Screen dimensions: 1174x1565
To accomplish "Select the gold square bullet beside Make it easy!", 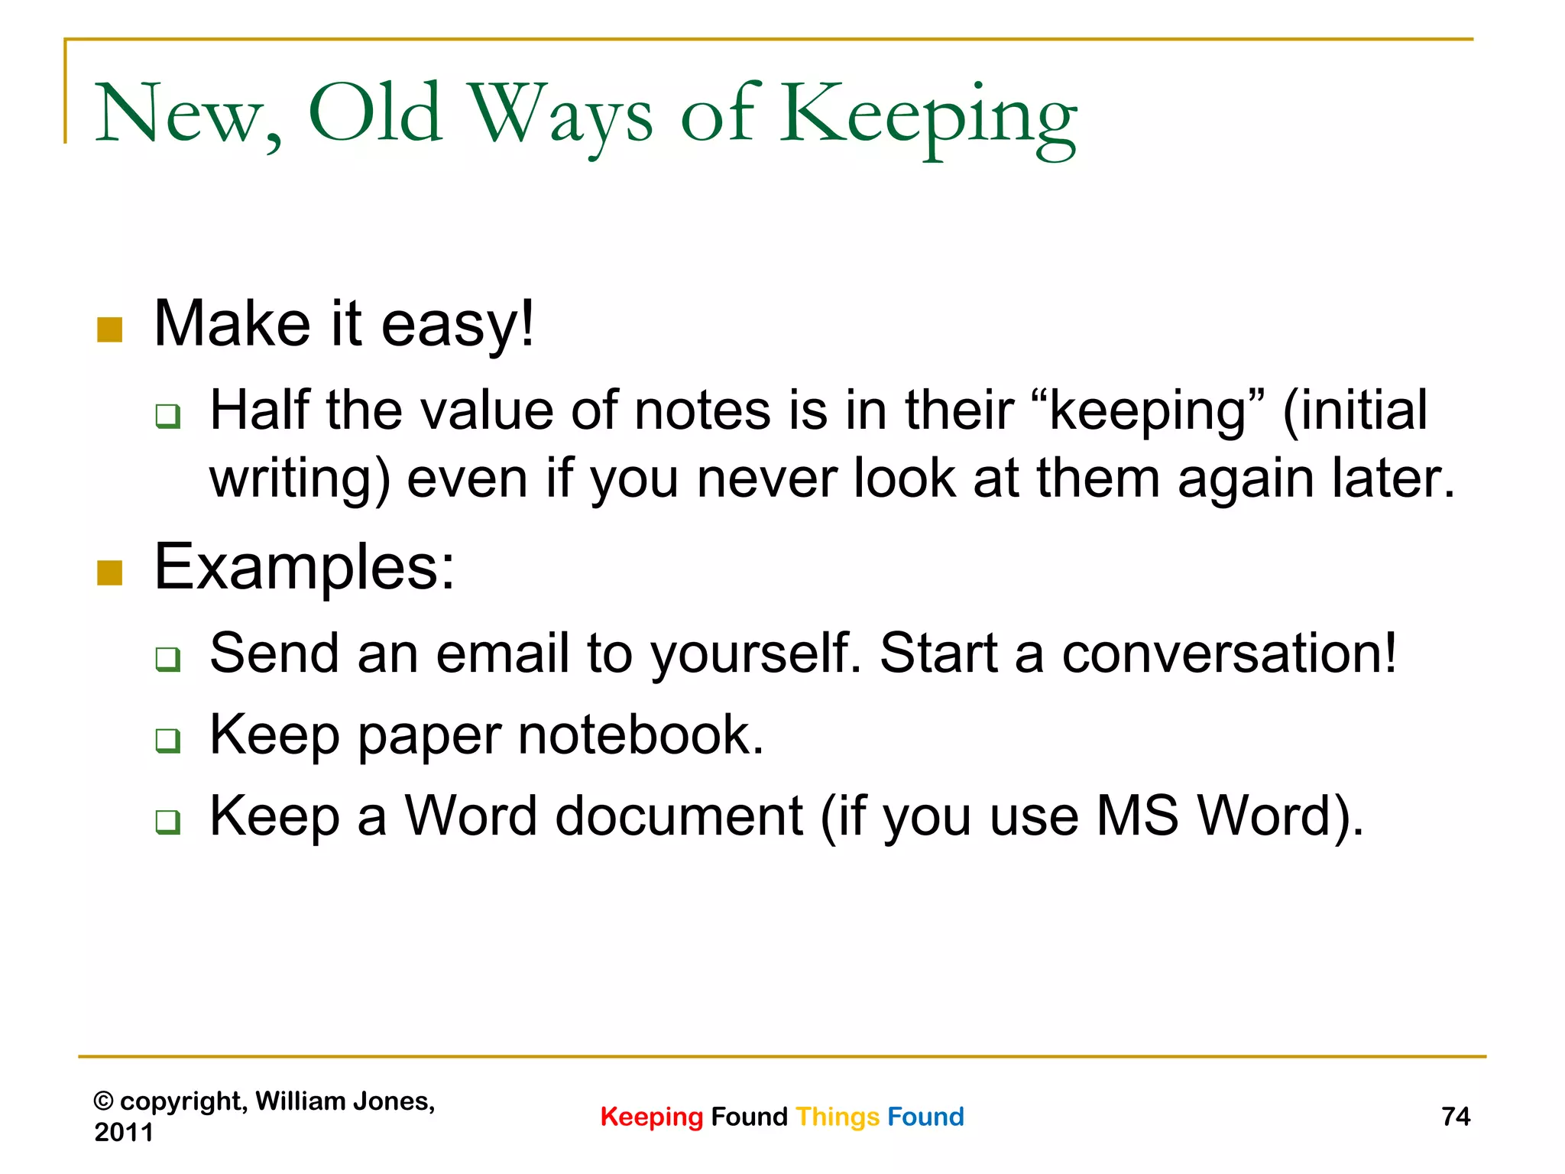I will coord(110,329).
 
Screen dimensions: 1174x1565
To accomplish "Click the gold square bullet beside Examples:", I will coord(110,572).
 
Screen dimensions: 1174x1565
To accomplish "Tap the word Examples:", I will coord(304,568).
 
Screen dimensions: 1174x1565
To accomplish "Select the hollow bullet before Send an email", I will coord(167,658).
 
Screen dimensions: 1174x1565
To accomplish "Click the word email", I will coord(502,654).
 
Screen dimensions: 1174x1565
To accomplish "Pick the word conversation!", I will coord(1230,654).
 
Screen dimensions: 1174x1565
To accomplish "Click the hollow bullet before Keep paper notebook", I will coord(167,740).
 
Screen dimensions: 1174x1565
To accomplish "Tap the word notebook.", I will coord(640,735).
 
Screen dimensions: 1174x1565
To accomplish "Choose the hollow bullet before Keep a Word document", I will coord(167,822).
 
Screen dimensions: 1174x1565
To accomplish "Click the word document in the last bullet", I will coord(679,817).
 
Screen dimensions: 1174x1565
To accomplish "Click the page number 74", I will coord(1456,1117).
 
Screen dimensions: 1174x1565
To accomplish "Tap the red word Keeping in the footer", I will coord(651,1117).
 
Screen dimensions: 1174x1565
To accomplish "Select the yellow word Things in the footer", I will coord(838,1117).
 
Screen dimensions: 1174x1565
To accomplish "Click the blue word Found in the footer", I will coord(925,1117).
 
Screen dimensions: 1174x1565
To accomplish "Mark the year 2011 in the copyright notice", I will coord(124,1132).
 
